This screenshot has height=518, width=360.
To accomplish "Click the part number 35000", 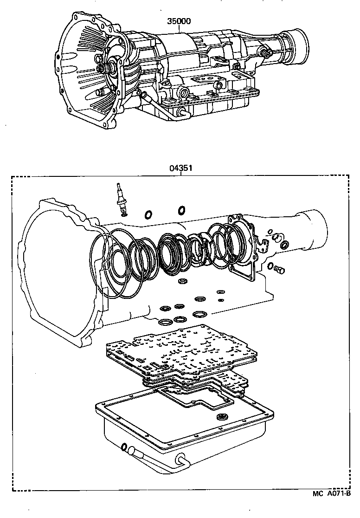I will click(180, 21).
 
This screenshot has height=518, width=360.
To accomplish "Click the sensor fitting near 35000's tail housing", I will click(266, 52).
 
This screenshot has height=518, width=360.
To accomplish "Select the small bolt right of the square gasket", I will click(279, 269).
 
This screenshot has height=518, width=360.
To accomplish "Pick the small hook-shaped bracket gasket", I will click(263, 243).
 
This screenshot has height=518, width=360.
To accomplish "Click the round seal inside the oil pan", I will click(224, 416).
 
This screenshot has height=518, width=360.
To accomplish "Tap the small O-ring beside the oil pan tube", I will click(124, 447).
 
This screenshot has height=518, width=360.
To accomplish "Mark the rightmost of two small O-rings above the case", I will click(182, 210).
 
